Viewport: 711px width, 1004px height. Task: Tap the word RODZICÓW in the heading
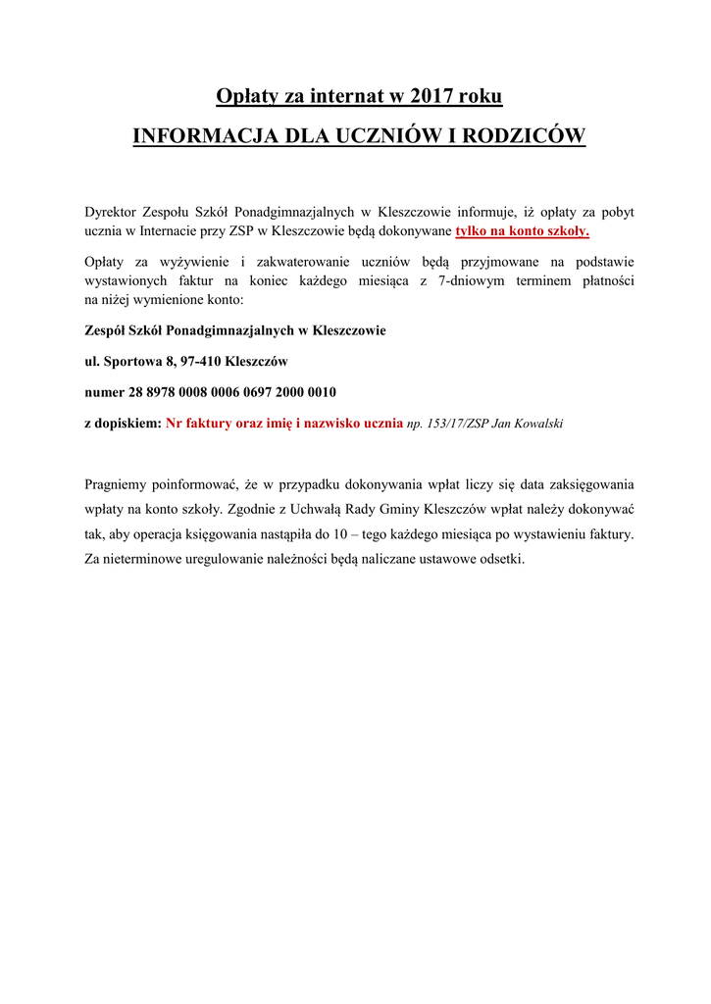point(531,135)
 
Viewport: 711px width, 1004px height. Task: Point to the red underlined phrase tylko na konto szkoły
point(522,231)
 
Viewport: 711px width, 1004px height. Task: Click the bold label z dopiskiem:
point(123,424)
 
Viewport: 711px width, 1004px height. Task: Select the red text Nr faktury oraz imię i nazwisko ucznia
point(284,424)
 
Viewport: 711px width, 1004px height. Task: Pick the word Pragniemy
point(117,484)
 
